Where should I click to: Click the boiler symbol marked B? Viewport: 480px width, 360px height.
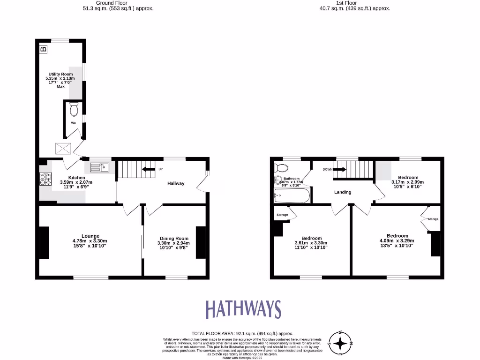pos(44,49)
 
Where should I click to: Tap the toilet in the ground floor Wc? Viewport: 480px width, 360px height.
pos(74,110)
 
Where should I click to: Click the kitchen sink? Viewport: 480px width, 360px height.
pos(99,166)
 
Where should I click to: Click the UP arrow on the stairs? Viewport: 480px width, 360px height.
pos(149,169)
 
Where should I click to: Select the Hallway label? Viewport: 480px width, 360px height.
pos(176,183)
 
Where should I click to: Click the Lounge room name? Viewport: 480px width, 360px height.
pos(90,236)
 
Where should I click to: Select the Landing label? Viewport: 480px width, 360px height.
pos(343,192)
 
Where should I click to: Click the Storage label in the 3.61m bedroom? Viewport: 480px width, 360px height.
pos(282,215)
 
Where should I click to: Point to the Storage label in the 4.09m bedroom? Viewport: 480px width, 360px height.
pos(433,219)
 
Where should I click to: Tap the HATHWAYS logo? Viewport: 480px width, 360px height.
pos(243,309)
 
